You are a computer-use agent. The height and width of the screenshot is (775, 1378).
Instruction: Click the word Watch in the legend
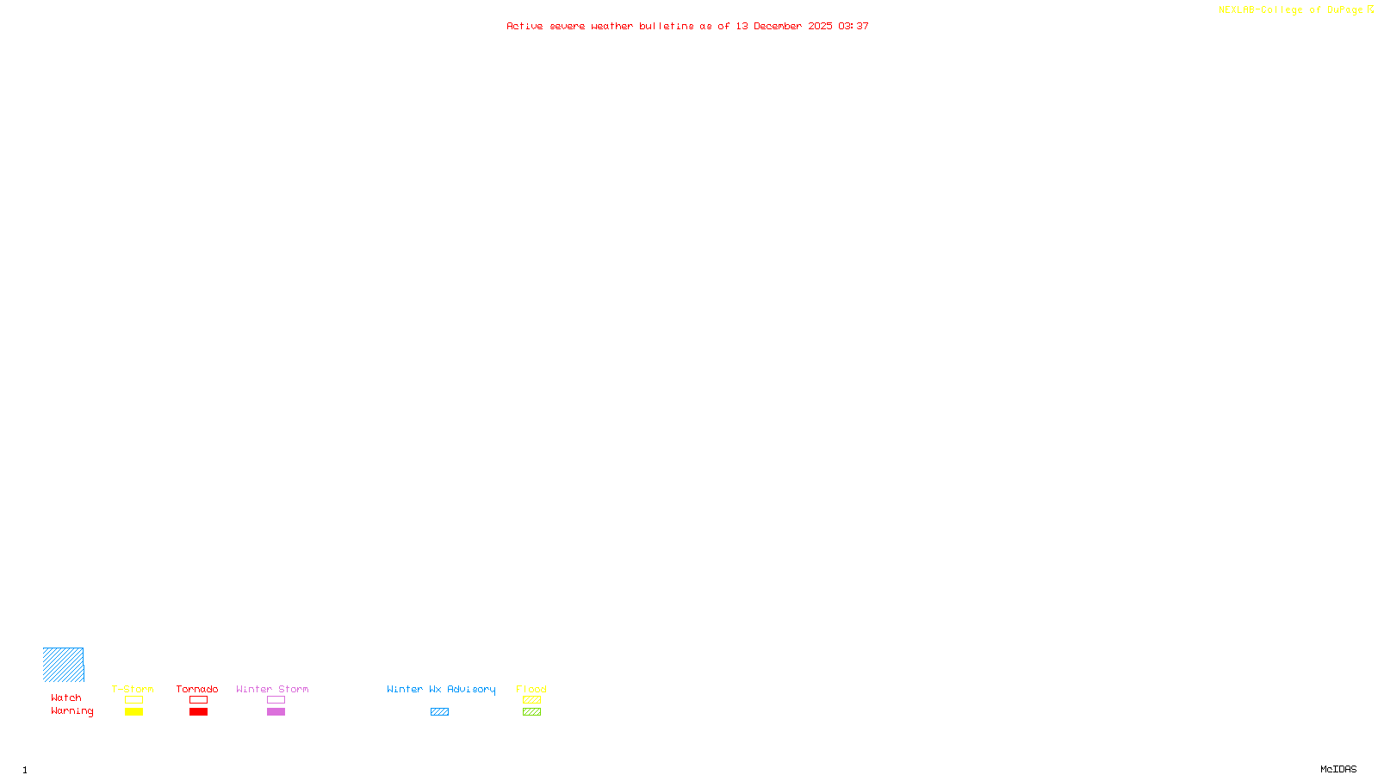pyautogui.click(x=66, y=697)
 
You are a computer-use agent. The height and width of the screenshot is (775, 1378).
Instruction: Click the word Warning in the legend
pyautogui.click(x=71, y=711)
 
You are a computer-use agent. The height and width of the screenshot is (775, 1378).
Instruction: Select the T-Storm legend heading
pyautogui.click(x=133, y=689)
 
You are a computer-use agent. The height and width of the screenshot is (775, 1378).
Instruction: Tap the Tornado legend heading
pyautogui.click(x=197, y=689)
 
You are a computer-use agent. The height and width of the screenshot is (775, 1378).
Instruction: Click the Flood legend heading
pyautogui.click(x=531, y=689)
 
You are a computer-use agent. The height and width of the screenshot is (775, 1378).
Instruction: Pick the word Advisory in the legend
pyautogui.click(x=471, y=689)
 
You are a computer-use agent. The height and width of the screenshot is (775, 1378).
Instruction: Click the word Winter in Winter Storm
pyautogui.click(x=253, y=689)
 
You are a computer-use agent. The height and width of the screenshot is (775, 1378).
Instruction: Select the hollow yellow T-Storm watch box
pyautogui.click(x=133, y=700)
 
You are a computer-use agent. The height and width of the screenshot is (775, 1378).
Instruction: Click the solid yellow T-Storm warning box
pyautogui.click(x=133, y=712)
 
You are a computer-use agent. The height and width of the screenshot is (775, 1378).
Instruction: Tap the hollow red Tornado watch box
pyautogui.click(x=198, y=700)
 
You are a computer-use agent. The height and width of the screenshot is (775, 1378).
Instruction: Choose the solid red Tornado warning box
pyautogui.click(x=198, y=712)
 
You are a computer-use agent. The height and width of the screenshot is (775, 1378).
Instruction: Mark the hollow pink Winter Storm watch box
pyautogui.click(x=276, y=700)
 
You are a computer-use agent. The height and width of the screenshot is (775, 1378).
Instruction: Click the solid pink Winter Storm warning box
pyautogui.click(x=276, y=712)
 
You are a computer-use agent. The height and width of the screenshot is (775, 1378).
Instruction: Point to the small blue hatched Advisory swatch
pyautogui.click(x=439, y=712)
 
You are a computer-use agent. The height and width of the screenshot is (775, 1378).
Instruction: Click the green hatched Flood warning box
pyautogui.click(x=531, y=712)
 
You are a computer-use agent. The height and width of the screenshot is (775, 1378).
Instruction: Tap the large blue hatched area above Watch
pyautogui.click(x=63, y=665)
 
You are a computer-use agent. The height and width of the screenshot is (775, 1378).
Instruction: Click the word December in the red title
pyautogui.click(x=778, y=26)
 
